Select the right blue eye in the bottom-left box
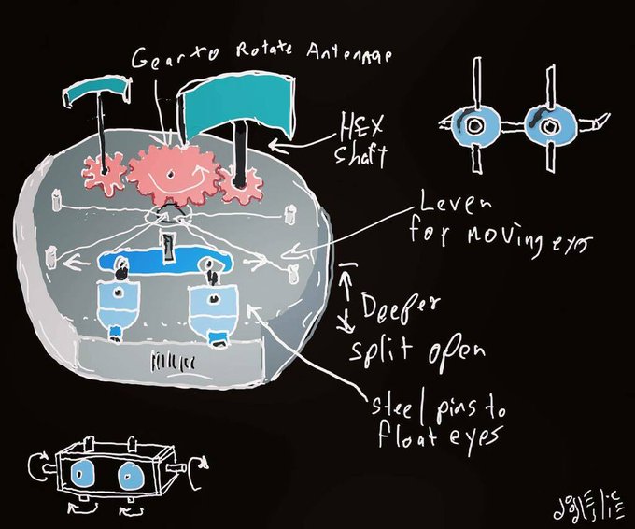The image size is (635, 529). pos(128,475)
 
